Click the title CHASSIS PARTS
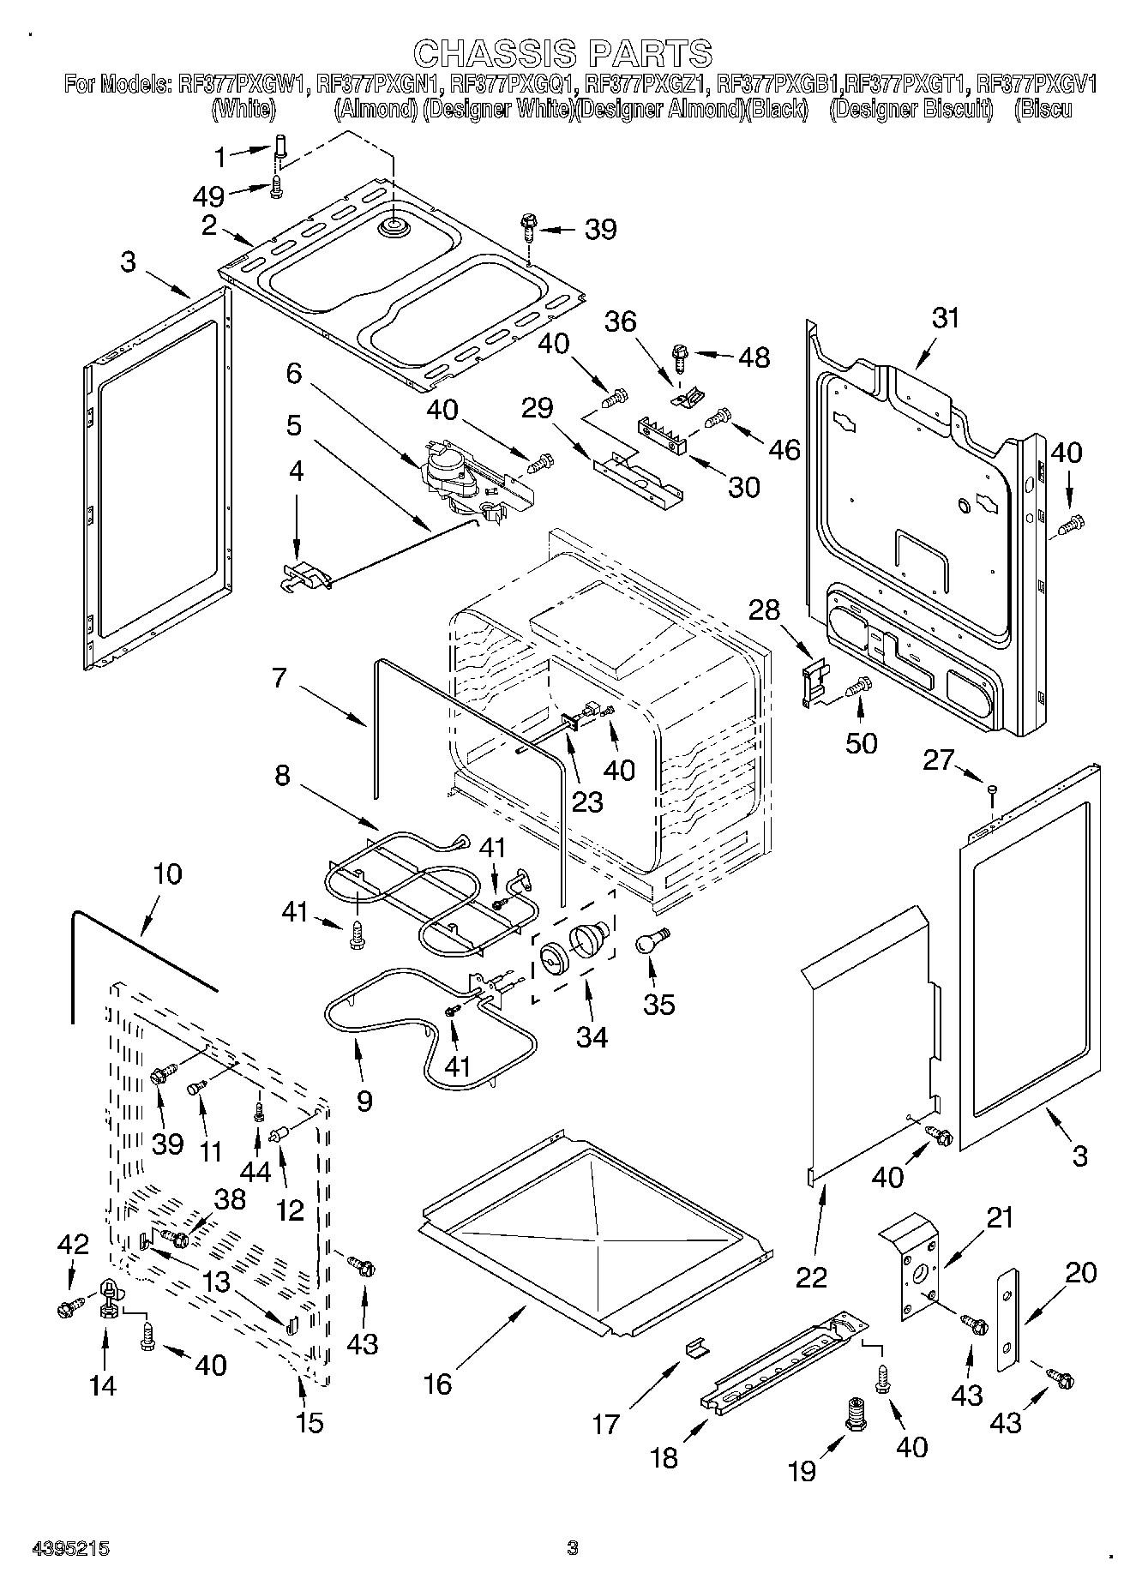pos(562,53)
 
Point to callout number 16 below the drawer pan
pos(438,1383)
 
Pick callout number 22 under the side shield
pos(811,1276)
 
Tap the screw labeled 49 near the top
pos(276,188)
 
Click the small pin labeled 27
pos(992,789)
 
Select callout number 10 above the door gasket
pos(167,874)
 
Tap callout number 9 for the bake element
pos(364,1100)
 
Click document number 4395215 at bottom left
pos(70,1548)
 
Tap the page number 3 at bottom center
pos(573,1547)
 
